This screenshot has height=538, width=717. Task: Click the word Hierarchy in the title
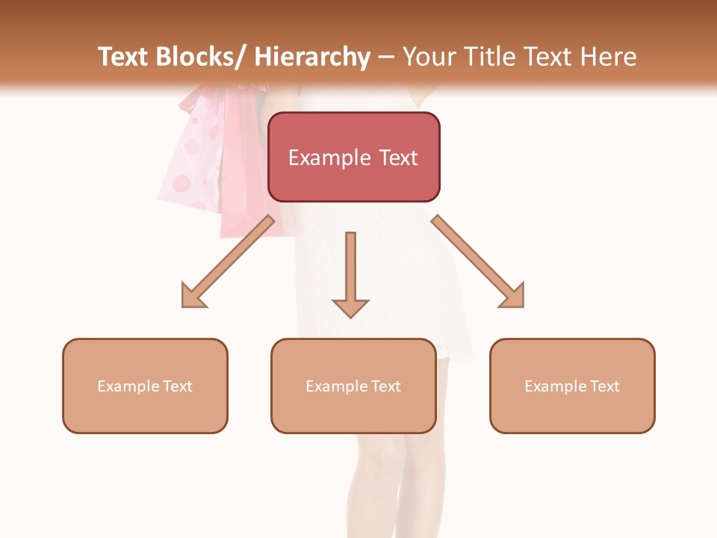[x=312, y=57]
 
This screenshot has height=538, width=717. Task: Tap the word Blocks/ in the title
[x=199, y=57]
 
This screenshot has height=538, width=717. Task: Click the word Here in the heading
[x=610, y=57]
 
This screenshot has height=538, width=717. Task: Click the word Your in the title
[x=429, y=57]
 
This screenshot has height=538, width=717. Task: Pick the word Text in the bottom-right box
[x=603, y=386]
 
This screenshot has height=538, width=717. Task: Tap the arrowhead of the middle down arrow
[x=350, y=307]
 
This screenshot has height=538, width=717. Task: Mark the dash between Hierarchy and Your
[x=386, y=57]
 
